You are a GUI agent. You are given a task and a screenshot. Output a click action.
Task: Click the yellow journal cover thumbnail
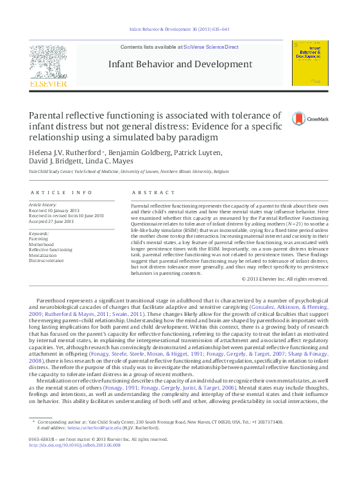click(310, 63)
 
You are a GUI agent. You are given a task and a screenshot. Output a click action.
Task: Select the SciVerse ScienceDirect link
click(210, 47)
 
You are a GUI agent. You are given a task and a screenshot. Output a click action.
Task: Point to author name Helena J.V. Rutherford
click(64, 153)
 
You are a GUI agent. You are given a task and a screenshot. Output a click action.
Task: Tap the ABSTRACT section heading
click(153, 192)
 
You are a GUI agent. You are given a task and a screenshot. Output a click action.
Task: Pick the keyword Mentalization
click(44, 254)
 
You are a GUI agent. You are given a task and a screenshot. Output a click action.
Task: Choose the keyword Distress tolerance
click(46, 260)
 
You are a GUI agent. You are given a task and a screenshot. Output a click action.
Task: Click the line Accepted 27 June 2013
click(54, 221)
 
